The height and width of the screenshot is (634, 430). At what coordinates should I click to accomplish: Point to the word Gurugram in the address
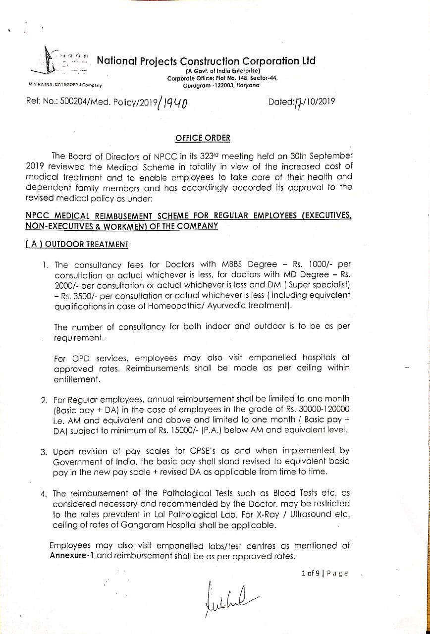199,86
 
